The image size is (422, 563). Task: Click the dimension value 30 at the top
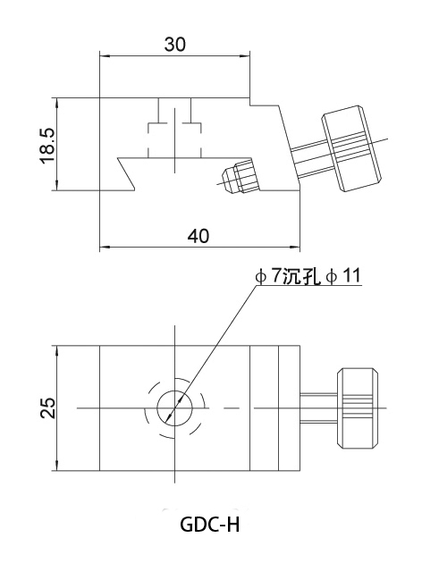click(x=175, y=45)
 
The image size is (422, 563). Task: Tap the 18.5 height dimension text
click(x=47, y=146)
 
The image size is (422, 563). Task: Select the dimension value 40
click(x=198, y=236)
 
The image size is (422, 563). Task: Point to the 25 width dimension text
click(x=48, y=408)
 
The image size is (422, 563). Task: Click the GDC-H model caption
click(x=210, y=525)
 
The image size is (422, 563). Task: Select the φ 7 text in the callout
click(x=267, y=276)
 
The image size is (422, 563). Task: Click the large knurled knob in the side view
click(x=351, y=148)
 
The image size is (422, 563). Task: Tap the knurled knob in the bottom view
click(x=358, y=408)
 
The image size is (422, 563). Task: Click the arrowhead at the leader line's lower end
click(x=170, y=417)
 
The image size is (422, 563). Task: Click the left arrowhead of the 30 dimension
click(x=104, y=56)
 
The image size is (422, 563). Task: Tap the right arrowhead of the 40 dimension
click(x=296, y=247)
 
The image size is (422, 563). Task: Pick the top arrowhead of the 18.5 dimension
click(x=56, y=102)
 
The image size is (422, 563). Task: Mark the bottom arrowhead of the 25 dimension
click(x=56, y=466)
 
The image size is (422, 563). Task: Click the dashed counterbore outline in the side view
click(x=174, y=141)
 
